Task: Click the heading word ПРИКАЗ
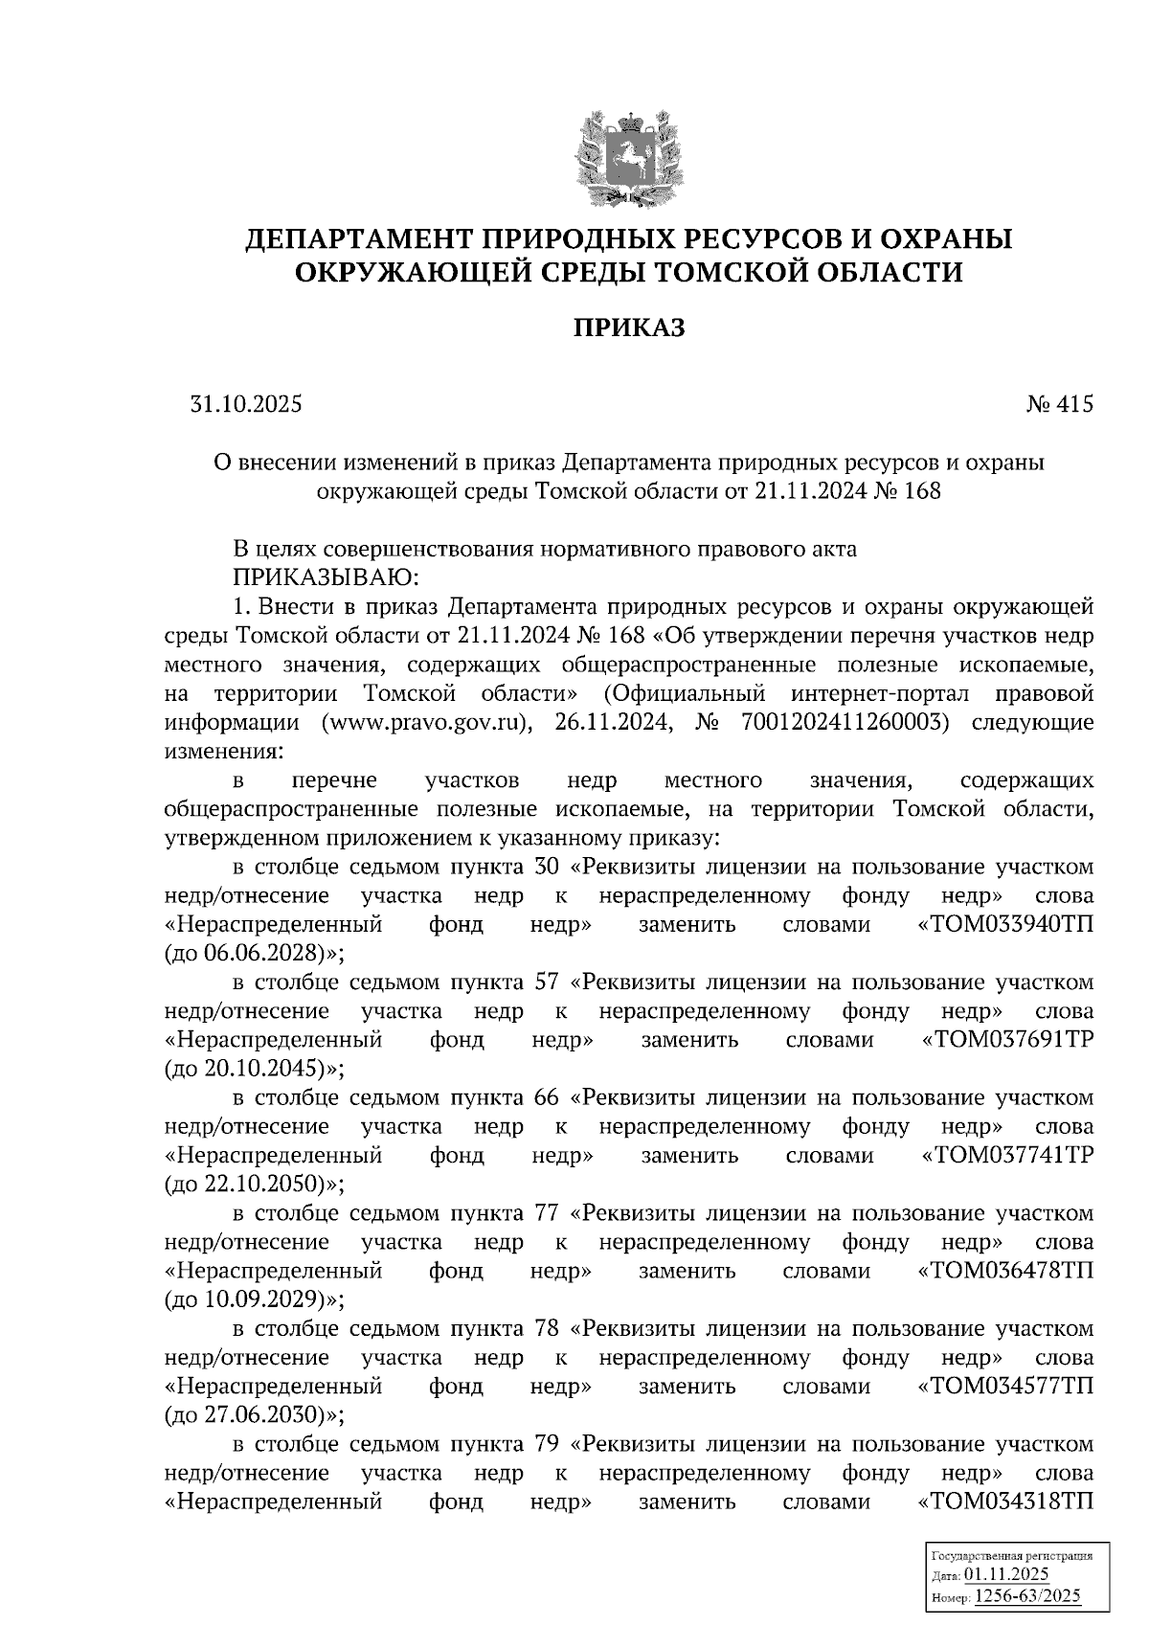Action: (630, 328)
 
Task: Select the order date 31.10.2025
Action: (246, 405)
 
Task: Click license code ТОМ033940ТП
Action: (1005, 925)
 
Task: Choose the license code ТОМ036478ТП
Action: (1005, 1272)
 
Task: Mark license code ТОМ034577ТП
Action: (1005, 1387)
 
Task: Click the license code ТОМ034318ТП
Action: (1005, 1502)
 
